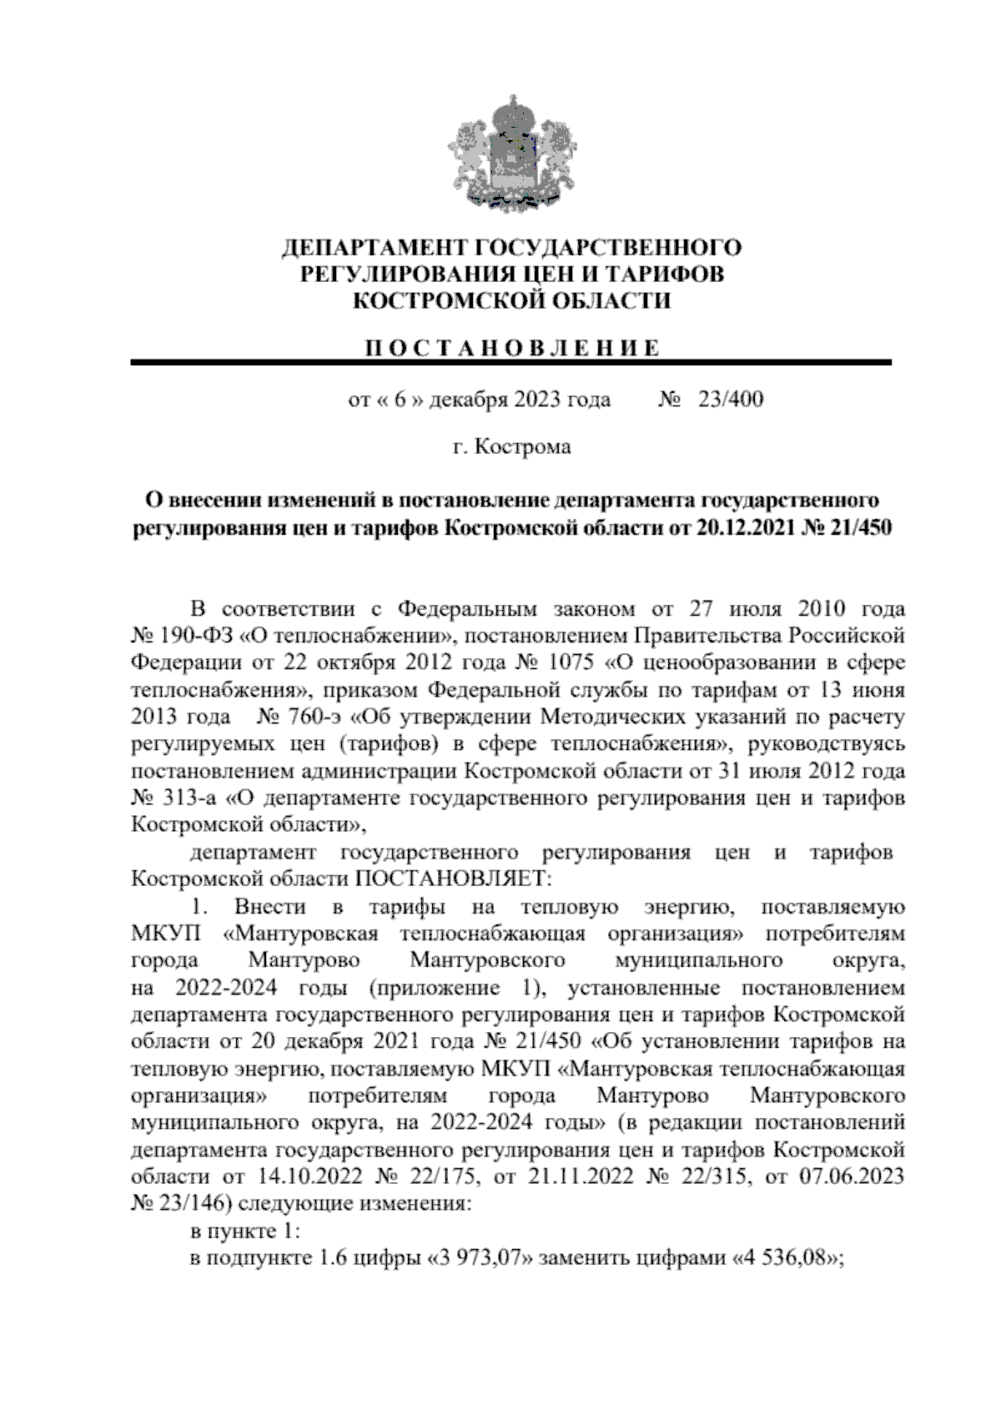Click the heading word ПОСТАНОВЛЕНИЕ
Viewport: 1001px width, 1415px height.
[511, 348]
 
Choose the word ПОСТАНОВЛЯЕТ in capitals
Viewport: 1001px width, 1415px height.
[455, 879]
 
